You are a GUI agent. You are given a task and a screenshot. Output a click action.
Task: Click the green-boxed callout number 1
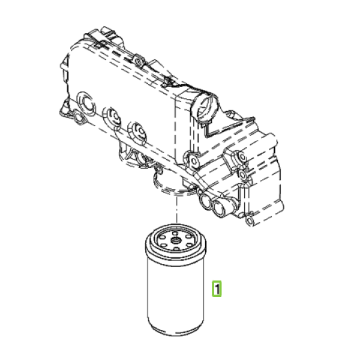pyautogui.click(x=217, y=289)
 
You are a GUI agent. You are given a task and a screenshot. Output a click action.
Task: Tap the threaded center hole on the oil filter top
pyautogui.click(x=176, y=241)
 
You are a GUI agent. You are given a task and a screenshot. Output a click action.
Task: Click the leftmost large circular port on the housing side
pyautogui.click(x=87, y=103)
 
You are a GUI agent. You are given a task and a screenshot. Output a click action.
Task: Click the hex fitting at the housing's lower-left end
pyautogui.click(x=79, y=117)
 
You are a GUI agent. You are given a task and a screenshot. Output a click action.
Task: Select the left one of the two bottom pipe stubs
pyautogui.click(x=205, y=200)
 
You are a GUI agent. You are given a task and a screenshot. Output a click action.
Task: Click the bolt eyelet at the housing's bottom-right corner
pyautogui.click(x=250, y=220)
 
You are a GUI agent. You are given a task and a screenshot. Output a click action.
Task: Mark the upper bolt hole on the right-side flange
pyautogui.click(x=242, y=157)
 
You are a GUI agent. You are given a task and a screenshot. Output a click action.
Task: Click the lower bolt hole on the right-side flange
pyautogui.click(x=242, y=175)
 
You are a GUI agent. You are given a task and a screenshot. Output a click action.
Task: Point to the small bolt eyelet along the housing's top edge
pyautogui.click(x=138, y=61)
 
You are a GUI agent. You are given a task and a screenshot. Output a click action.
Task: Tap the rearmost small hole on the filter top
pyautogui.click(x=175, y=233)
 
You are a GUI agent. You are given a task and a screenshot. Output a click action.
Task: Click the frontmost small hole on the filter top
pyautogui.click(x=176, y=248)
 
